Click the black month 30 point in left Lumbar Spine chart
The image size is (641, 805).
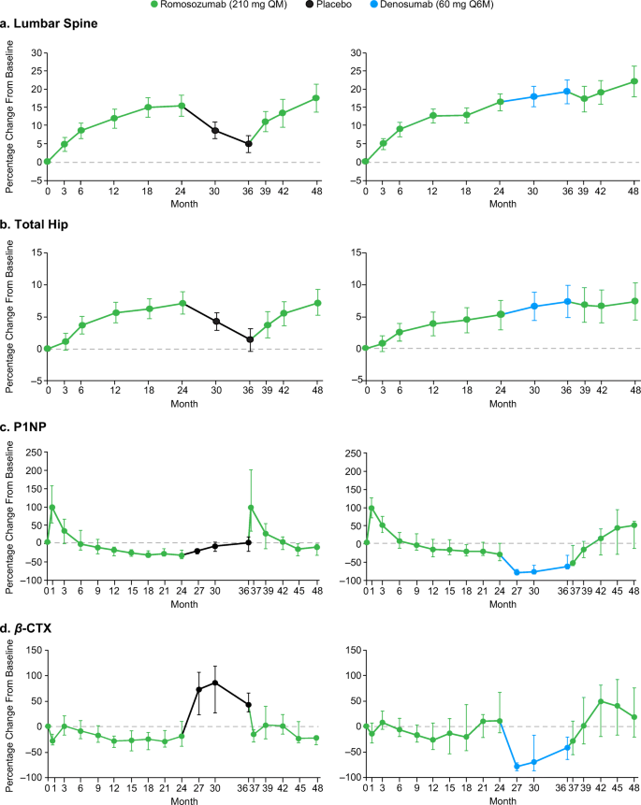pos(215,131)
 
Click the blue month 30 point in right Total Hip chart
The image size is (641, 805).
pos(533,306)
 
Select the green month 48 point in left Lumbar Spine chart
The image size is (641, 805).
pos(316,98)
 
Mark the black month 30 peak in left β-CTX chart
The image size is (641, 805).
pos(215,683)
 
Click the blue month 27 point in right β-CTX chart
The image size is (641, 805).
pos(517,767)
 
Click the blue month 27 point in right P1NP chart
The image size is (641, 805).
pos(517,572)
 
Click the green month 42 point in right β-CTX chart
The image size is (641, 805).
pos(601,701)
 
